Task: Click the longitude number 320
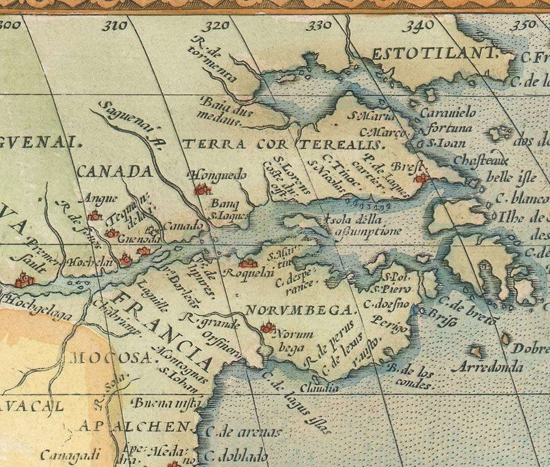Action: tap(217, 26)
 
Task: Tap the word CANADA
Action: tap(115, 171)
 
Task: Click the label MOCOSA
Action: tap(110, 358)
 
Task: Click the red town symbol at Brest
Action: tap(420, 178)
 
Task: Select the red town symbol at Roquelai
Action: tap(248, 263)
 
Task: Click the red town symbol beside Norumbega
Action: tap(266, 328)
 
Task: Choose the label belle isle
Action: tap(510, 178)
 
